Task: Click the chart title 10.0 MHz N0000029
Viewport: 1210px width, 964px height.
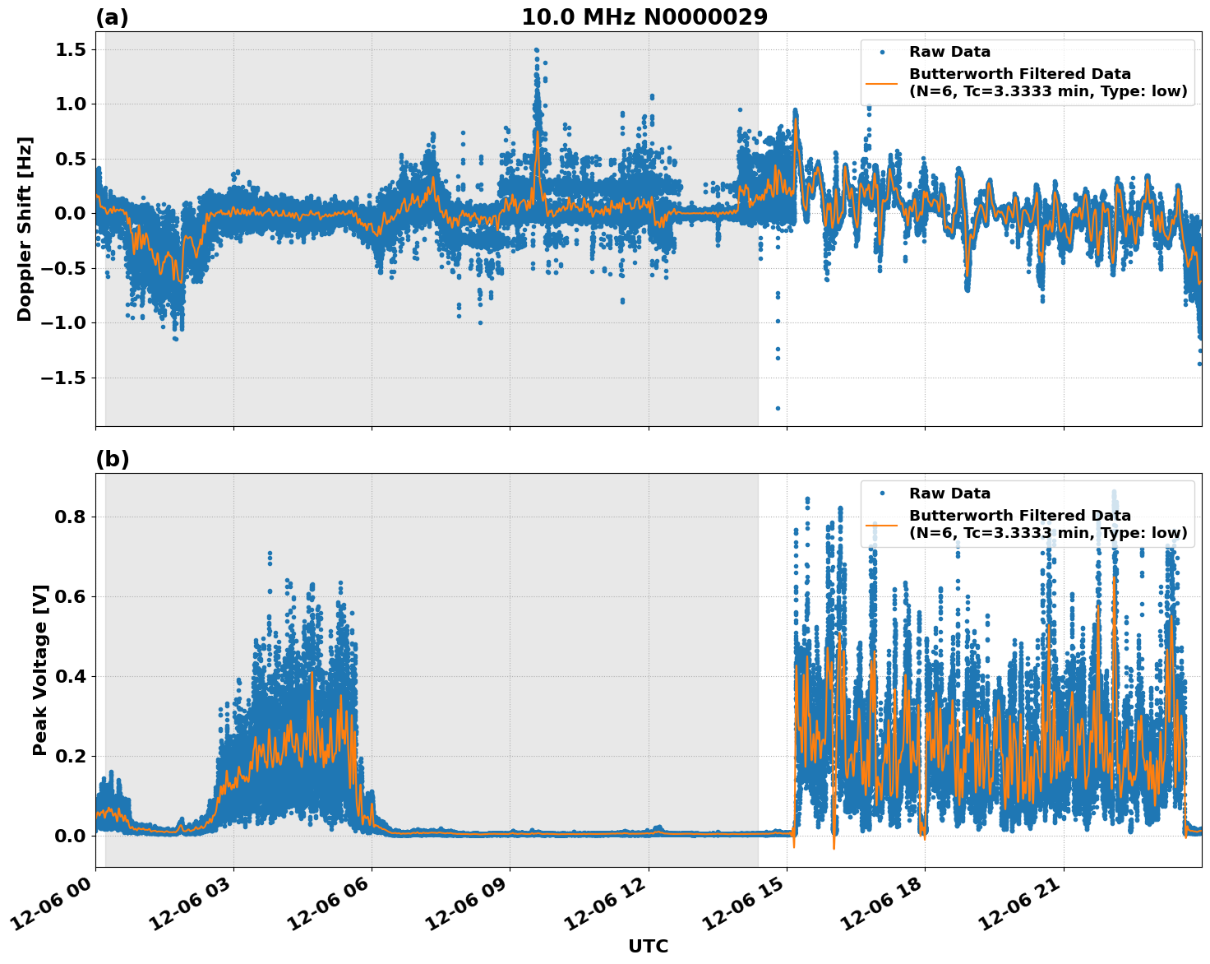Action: click(x=644, y=17)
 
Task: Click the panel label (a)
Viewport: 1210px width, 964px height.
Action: click(x=112, y=17)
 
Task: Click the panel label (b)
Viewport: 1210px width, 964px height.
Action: click(x=112, y=459)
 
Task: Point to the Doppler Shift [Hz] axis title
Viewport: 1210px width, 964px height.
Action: click(x=25, y=229)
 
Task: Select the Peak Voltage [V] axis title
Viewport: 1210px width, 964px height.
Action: click(x=39, y=670)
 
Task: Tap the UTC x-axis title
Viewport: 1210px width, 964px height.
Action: click(x=648, y=946)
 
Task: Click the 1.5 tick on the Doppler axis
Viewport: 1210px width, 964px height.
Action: click(x=72, y=49)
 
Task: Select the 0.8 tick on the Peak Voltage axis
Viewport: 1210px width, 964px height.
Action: click(x=72, y=517)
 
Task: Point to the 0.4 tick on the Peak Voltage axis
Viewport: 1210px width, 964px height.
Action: click(x=72, y=676)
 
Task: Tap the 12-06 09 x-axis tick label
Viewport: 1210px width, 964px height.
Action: click(x=473, y=905)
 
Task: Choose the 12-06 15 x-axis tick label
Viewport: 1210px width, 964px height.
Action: click(x=750, y=905)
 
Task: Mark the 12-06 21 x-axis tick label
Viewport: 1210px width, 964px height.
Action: click(x=1028, y=905)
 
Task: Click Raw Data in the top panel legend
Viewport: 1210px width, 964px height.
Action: click(x=949, y=52)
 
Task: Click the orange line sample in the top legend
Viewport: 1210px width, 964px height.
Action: click(x=881, y=82)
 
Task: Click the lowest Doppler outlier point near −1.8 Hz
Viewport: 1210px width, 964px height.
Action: click(x=778, y=408)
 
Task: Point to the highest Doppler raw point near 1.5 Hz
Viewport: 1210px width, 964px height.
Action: click(x=536, y=50)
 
